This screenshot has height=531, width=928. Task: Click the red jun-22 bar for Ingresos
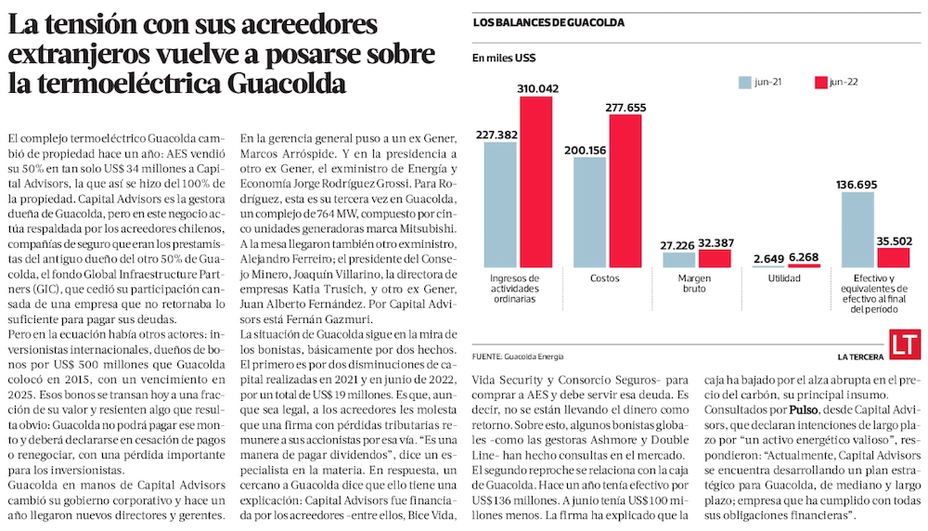[x=542, y=182]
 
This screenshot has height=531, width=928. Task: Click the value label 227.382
[x=497, y=135]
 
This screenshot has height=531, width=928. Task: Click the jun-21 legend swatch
[x=744, y=82]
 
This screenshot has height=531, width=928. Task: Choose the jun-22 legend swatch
[x=820, y=82]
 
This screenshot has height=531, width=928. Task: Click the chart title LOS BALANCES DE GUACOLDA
[x=548, y=21]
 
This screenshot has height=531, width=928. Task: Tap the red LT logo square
[x=903, y=343]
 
